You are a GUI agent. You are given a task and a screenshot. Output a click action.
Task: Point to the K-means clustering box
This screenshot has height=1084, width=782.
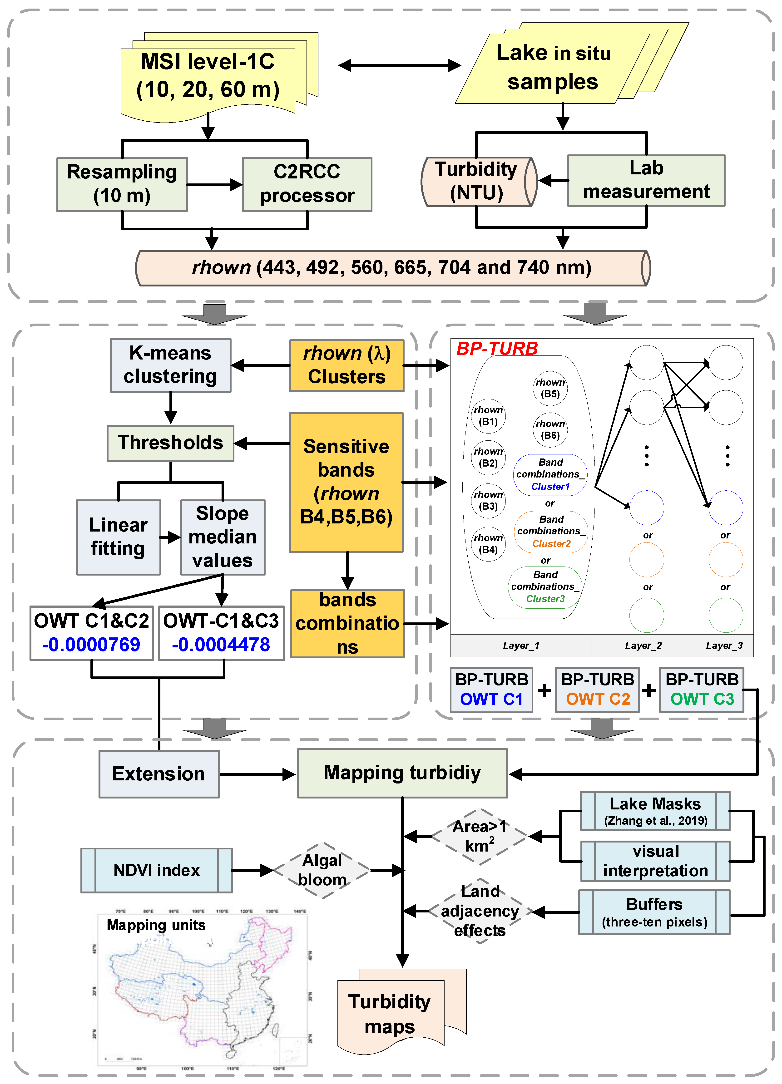[171, 365]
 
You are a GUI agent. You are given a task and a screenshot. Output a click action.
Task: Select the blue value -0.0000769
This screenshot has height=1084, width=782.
[91, 644]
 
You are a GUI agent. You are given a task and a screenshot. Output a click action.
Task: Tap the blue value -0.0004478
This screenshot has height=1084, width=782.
[221, 644]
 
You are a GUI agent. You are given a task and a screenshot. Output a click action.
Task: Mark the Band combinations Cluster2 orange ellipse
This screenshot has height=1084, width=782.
[551, 532]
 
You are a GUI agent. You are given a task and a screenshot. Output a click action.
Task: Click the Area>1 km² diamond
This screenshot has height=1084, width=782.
[480, 836]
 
